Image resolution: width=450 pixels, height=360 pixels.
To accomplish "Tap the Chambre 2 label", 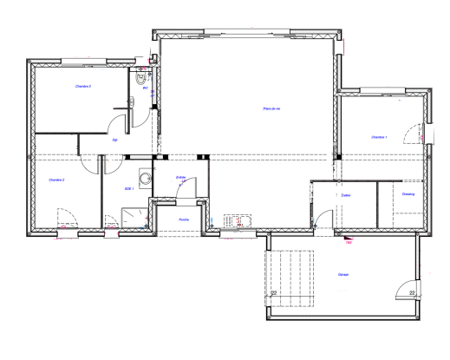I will (57, 180).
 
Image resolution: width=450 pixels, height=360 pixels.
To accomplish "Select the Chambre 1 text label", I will (379, 137).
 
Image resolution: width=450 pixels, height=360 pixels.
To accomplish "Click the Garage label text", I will (344, 275).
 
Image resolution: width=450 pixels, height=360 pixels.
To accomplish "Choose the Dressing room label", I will (408, 194).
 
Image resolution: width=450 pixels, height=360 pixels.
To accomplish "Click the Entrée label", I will (181, 177).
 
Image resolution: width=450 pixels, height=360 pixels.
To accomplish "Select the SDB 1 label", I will (127, 187).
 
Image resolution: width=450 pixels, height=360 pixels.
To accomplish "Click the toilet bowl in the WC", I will (144, 77).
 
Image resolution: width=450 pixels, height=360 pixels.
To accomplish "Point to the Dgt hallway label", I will (114, 139).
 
